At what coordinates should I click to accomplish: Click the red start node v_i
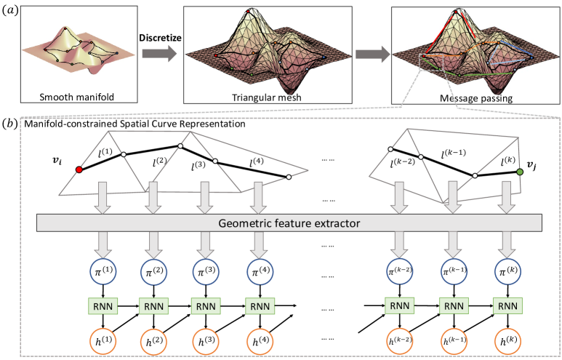(79, 169)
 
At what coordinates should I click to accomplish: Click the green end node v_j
(520, 172)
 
